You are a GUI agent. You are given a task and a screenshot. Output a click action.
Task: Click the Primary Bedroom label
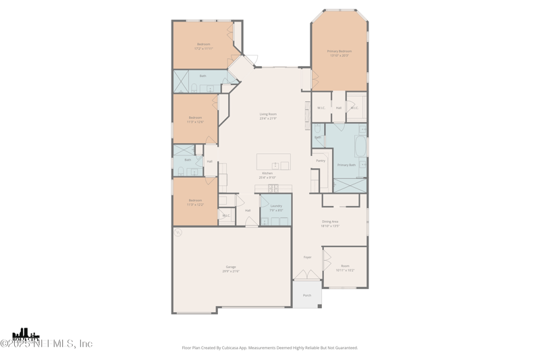[340, 51]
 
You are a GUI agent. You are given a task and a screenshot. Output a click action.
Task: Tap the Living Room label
[268, 114]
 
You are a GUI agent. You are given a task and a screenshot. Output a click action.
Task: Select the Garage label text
[231, 267]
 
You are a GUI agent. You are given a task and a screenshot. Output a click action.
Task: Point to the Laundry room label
[275, 205]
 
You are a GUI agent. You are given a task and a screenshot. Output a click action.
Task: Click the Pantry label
[321, 160]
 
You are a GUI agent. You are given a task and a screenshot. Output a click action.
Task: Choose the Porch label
[307, 295]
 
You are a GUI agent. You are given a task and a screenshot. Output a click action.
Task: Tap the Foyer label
[307, 257]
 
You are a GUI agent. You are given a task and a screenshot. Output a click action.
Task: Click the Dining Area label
[330, 222]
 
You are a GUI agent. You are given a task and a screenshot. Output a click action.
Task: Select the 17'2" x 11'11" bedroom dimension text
[203, 49]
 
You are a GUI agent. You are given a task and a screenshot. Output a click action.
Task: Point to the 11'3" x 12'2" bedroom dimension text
[195, 204]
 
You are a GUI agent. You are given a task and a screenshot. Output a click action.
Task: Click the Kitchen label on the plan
[268, 173]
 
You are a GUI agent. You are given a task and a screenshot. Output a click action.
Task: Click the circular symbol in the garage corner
[178, 232]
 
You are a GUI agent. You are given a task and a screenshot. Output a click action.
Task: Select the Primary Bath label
[346, 165]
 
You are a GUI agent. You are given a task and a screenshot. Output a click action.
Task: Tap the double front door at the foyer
[307, 276]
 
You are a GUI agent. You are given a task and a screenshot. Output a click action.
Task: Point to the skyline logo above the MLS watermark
[26, 334]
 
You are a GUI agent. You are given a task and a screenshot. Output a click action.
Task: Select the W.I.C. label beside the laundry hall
[225, 215]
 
